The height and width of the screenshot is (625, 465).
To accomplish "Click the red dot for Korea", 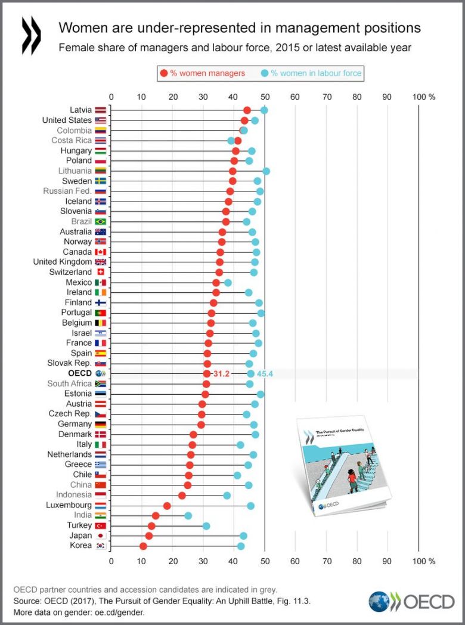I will click(x=143, y=546).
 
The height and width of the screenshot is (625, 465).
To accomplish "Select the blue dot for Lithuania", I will click(x=266, y=171).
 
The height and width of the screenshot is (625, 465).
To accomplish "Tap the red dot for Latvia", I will click(x=247, y=110).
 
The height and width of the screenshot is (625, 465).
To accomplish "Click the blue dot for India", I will click(x=188, y=515).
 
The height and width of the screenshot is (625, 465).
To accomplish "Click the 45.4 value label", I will click(x=265, y=374).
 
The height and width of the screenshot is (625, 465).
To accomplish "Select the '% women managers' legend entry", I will click(x=203, y=73).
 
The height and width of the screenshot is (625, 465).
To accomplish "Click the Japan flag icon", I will click(x=100, y=536).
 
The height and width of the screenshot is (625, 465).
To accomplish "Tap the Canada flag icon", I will click(x=100, y=252).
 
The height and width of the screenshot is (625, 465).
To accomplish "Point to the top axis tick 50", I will click(x=264, y=96).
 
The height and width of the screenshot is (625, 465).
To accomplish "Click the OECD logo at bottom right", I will click(x=411, y=601).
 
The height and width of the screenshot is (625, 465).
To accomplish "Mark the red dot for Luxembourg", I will click(x=167, y=506).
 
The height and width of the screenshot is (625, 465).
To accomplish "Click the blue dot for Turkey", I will click(x=206, y=525).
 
